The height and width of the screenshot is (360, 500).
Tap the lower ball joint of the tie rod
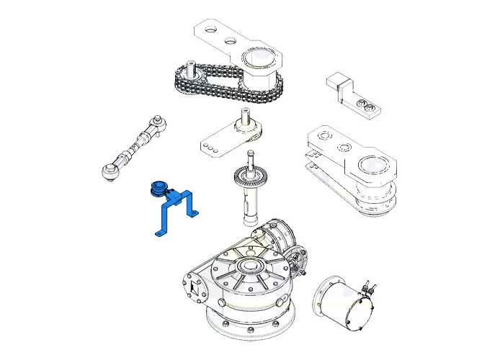tap(110, 171)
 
